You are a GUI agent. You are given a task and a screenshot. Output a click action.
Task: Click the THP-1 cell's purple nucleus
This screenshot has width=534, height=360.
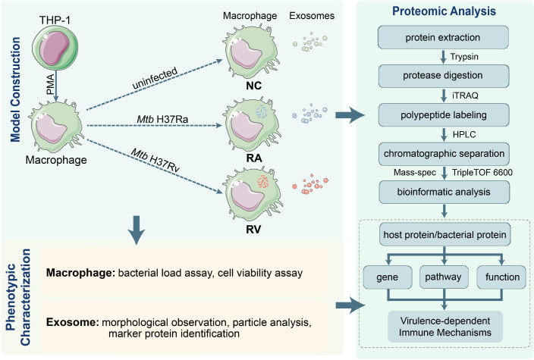[x=54, y=48]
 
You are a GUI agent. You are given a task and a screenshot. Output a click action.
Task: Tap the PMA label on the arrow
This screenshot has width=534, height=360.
[x=50, y=84]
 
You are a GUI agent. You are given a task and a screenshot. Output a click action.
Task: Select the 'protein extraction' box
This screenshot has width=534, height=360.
[x=443, y=37]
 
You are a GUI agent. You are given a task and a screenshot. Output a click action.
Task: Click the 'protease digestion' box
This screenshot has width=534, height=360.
[x=444, y=76]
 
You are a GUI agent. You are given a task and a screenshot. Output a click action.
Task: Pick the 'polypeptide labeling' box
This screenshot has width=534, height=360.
[x=444, y=115]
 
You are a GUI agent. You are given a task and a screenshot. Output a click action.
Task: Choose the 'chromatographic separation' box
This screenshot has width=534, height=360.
[x=444, y=154]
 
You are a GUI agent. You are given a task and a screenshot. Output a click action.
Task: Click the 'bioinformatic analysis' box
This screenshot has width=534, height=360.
[x=444, y=192]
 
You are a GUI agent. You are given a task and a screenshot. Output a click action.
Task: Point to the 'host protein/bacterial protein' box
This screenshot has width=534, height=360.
[x=444, y=234]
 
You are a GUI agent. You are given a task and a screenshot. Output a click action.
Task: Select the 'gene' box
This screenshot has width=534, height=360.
[x=388, y=277]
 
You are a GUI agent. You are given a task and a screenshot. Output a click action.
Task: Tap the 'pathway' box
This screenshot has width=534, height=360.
[x=444, y=277]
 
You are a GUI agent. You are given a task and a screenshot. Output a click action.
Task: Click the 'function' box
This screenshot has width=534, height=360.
[x=501, y=277]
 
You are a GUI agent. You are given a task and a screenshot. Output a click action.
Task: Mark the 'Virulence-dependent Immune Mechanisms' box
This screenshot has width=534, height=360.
[x=445, y=327]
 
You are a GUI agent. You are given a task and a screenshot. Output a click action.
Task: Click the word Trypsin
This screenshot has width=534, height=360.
[x=464, y=57]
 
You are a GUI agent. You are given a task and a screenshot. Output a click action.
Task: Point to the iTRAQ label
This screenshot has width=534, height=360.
[x=465, y=95]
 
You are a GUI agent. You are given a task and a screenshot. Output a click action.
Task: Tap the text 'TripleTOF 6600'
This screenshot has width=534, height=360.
[x=482, y=173]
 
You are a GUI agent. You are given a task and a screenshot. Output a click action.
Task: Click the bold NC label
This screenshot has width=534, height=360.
[x=253, y=86]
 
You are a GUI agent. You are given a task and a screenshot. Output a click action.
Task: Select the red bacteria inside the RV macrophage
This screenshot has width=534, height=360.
[x=262, y=181]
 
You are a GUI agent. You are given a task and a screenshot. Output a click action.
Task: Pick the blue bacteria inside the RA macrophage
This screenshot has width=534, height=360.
[x=261, y=112]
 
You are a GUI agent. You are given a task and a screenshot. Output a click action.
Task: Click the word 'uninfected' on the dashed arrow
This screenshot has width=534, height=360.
[x=155, y=78]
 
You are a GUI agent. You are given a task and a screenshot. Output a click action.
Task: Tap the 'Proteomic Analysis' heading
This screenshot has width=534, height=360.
[x=444, y=11]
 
